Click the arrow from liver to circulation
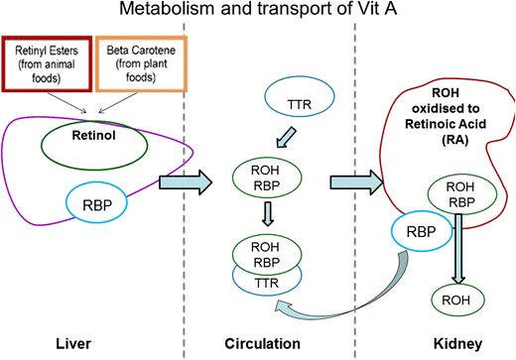(x=186, y=182)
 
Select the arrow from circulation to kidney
(x=356, y=182)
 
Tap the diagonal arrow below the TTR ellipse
(x=286, y=137)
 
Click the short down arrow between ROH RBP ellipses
(x=268, y=214)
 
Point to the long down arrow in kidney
(x=458, y=249)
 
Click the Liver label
(x=73, y=344)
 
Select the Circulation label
(x=263, y=344)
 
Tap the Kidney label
(x=457, y=344)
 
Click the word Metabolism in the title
(x=167, y=9)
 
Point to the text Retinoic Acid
(x=446, y=124)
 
